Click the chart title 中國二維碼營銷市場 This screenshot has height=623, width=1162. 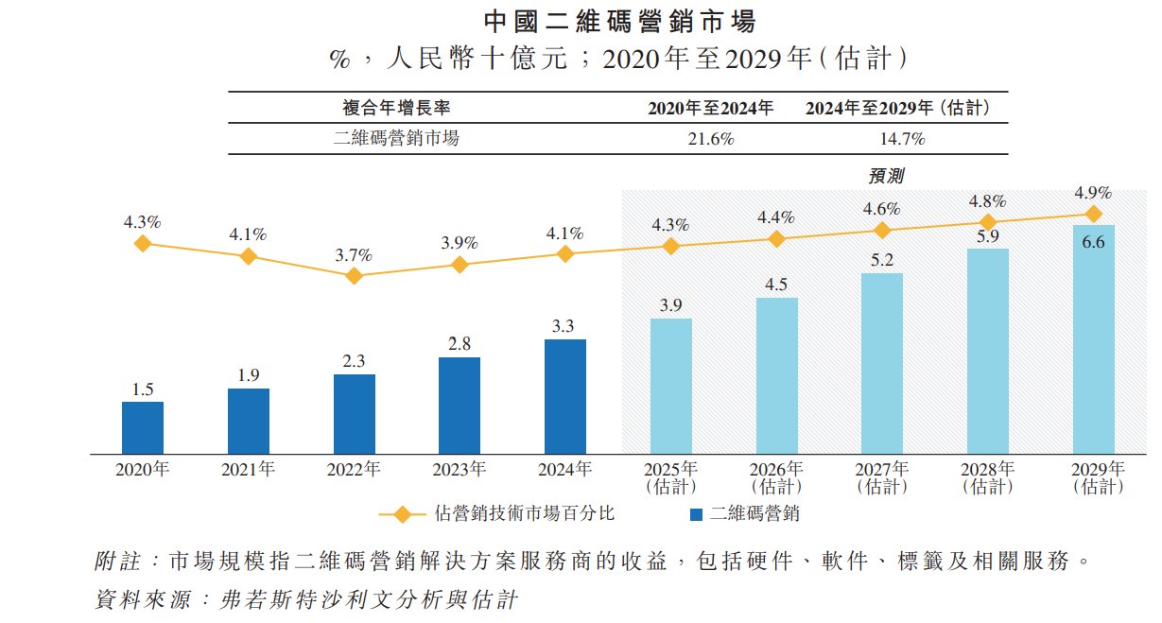point(581,21)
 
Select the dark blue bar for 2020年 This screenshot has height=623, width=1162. point(143,426)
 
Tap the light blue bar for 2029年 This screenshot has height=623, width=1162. point(1094,337)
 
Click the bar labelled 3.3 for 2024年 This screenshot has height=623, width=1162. point(565,395)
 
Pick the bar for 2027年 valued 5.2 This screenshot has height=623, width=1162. point(882,362)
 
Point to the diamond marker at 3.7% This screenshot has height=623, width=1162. point(355,276)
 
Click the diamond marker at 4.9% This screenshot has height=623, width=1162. point(1094,214)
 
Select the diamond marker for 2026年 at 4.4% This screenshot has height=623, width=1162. point(776,239)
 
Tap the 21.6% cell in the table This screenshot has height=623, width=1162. point(710,139)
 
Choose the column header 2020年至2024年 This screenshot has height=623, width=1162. point(710,109)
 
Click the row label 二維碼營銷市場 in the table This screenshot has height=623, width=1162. point(397,139)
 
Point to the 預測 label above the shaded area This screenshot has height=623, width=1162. point(886,176)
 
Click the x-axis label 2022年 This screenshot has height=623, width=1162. point(354,470)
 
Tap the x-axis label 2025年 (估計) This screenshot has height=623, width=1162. point(670,477)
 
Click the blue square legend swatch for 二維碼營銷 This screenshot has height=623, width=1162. point(696,514)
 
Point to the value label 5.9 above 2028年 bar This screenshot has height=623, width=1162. point(988,236)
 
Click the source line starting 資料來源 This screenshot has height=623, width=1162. point(307,598)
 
